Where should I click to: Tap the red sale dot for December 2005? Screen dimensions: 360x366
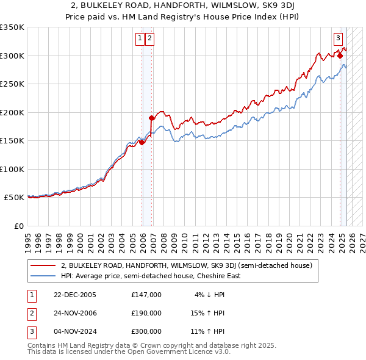[x=142, y=142]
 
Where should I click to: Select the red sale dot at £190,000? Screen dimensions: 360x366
[x=151, y=118]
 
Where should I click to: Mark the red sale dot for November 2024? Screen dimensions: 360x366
[x=340, y=56]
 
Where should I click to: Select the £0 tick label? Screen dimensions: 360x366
[x=18, y=226]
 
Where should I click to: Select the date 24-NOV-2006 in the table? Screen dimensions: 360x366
[x=75, y=313]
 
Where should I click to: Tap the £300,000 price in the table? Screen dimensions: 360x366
[x=146, y=331]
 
